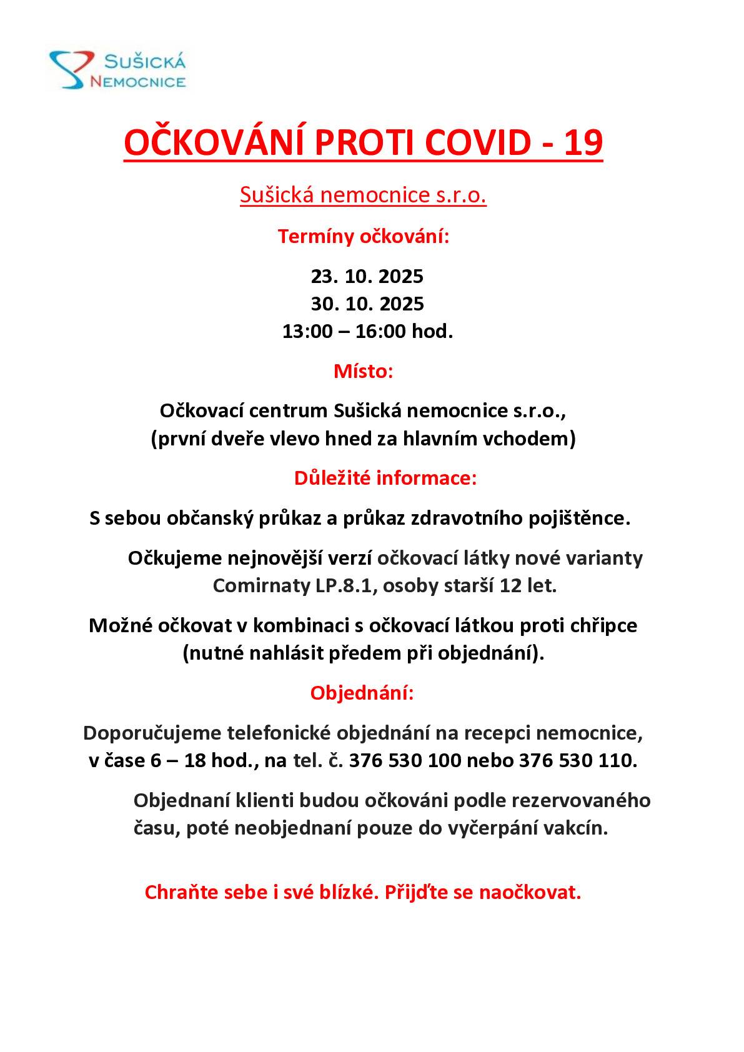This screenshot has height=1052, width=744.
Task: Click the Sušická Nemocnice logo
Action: tap(118, 71)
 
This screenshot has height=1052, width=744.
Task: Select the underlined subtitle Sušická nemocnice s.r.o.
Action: tap(363, 196)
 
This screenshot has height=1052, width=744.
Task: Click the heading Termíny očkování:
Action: tap(363, 237)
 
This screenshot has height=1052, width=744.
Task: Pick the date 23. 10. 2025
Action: tap(367, 276)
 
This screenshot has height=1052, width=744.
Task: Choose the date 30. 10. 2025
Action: tap(367, 304)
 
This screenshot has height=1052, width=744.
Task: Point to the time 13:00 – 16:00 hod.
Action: tap(367, 332)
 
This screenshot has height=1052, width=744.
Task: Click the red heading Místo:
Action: tap(363, 372)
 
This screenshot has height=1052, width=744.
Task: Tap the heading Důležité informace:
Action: tap(385, 479)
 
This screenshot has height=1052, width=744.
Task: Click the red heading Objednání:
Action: tap(362, 693)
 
